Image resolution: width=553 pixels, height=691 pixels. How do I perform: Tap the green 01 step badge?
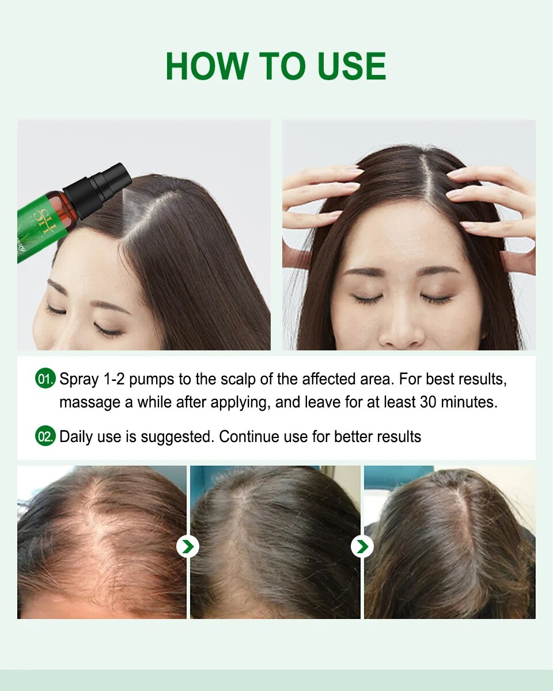click(x=45, y=379)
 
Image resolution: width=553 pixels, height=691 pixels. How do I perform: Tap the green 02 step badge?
click(x=45, y=436)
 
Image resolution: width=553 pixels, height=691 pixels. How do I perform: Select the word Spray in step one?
click(x=79, y=380)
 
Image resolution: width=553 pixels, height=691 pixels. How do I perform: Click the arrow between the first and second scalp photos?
click(x=188, y=546)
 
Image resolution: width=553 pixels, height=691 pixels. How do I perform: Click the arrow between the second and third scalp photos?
click(x=362, y=546)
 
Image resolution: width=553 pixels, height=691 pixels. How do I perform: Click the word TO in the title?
click(x=282, y=66)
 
